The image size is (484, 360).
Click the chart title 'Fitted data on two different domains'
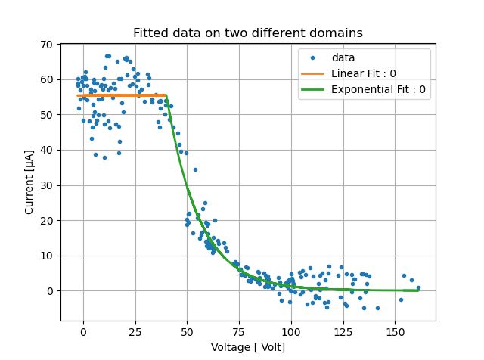[248, 33]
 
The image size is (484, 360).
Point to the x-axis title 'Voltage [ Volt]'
[248, 346]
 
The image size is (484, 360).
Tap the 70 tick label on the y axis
[46, 45]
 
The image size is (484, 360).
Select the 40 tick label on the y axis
[46, 150]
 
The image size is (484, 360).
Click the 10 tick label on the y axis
[46, 256]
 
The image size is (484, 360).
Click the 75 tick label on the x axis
[239, 331]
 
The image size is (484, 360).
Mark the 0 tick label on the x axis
[83, 331]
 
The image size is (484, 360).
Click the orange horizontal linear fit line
[121, 95]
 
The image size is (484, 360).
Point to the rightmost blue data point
[418, 287]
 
